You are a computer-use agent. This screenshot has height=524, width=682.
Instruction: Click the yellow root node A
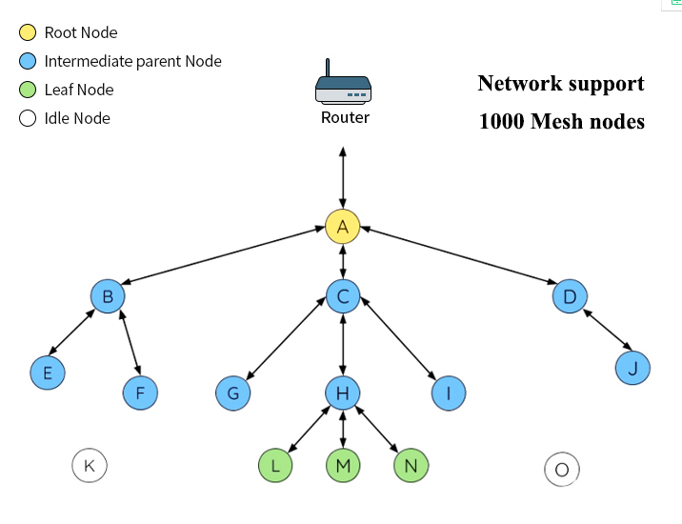click(x=342, y=227)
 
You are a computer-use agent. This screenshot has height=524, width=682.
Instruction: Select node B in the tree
click(x=108, y=296)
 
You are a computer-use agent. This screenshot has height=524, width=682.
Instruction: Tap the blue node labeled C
click(x=343, y=296)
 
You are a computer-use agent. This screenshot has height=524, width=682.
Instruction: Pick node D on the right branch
click(x=570, y=296)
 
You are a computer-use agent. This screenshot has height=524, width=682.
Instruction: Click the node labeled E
click(x=47, y=373)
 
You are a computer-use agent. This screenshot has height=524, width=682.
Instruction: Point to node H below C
click(x=343, y=392)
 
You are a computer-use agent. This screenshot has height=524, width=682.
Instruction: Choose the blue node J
click(x=632, y=367)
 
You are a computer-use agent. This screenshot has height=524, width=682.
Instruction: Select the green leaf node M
click(x=343, y=465)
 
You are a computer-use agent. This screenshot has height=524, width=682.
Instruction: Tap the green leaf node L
click(x=275, y=465)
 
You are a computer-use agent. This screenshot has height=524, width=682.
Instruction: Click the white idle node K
click(x=90, y=465)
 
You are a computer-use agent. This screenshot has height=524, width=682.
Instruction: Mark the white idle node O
click(x=562, y=469)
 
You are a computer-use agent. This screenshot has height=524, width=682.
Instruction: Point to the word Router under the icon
click(x=345, y=118)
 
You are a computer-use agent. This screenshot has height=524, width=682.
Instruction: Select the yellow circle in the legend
click(x=28, y=32)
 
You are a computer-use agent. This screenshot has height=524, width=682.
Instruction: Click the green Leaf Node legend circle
click(x=28, y=90)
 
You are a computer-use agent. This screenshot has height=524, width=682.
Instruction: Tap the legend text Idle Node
click(x=77, y=118)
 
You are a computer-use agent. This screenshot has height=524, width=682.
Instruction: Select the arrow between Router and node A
click(x=343, y=176)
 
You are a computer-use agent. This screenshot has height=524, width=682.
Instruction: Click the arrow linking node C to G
click(x=287, y=345)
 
